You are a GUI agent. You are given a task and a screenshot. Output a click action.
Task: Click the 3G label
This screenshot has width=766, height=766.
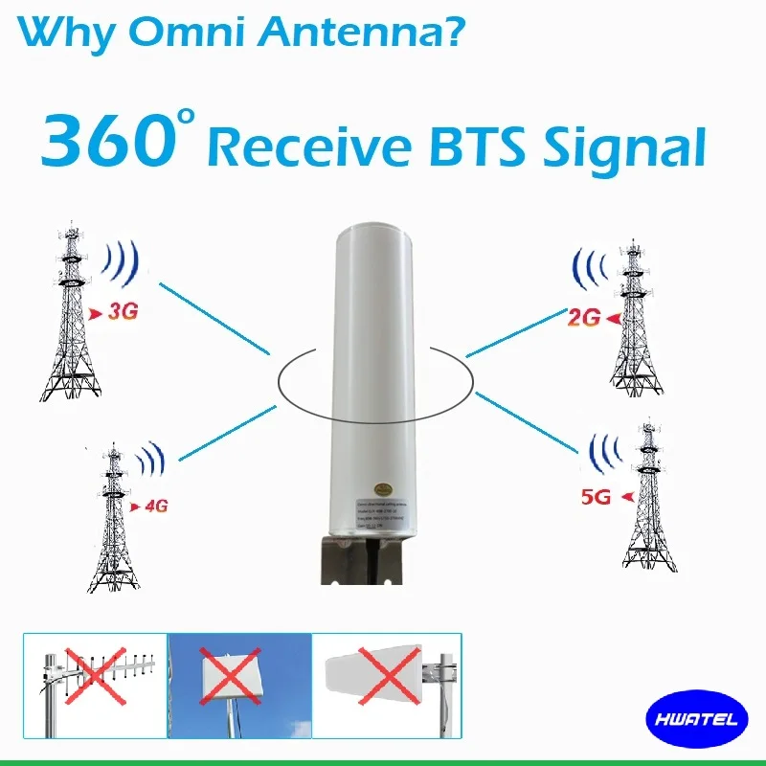(x=121, y=312)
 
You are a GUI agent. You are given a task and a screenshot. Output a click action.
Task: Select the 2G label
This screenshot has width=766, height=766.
(x=583, y=318)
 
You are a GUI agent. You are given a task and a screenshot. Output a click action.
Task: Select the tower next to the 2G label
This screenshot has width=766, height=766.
(x=633, y=316)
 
